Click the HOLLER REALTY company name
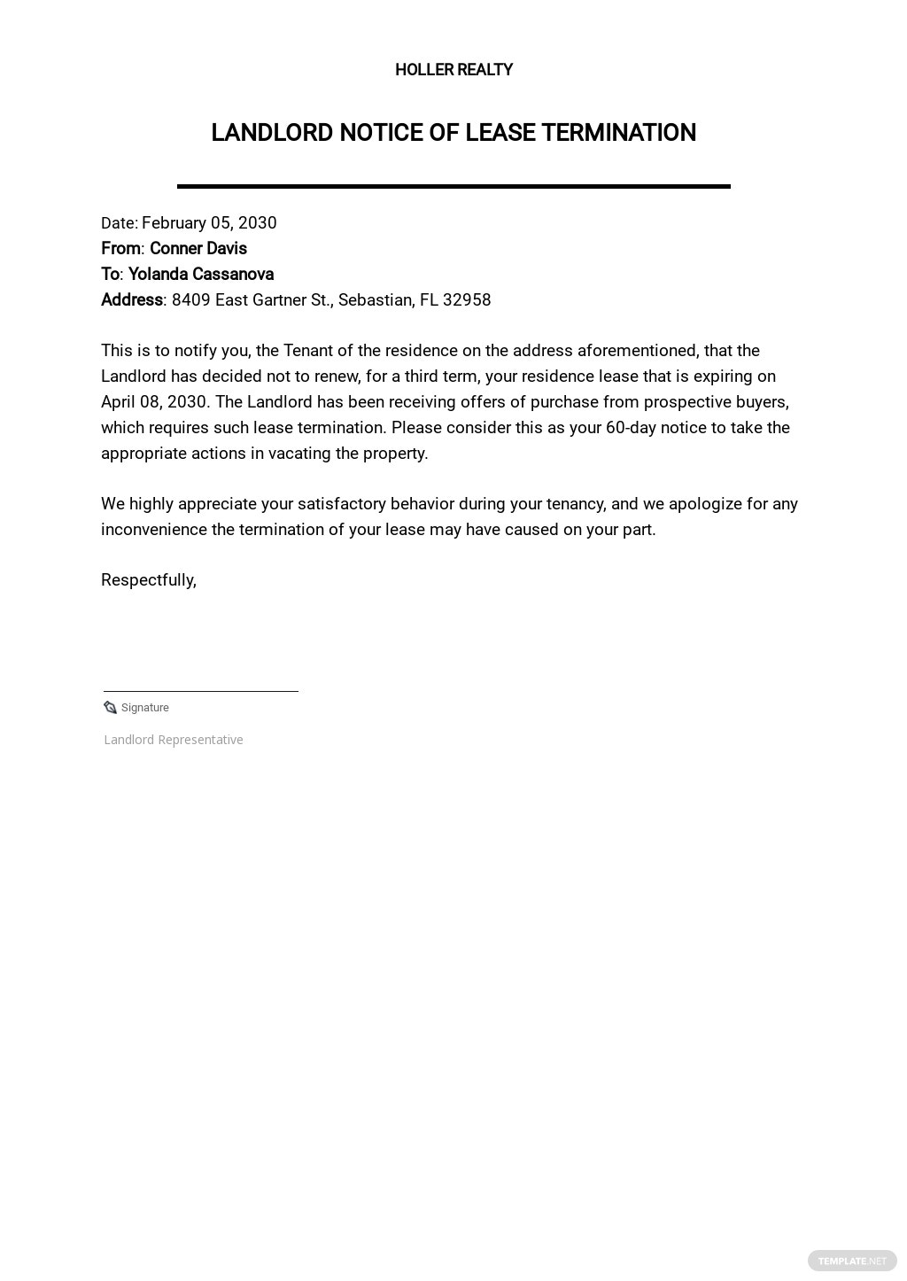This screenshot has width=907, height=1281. pos(453,70)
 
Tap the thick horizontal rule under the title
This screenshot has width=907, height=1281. pos(453,186)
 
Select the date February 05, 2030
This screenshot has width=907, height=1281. pos(209,223)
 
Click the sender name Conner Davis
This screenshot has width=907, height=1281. pos(198,249)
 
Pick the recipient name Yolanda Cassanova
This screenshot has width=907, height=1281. pos(201,275)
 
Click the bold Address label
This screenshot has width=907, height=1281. pos(131,300)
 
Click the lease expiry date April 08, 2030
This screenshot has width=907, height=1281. pos(154,402)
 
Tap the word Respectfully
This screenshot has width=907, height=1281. pos(148,580)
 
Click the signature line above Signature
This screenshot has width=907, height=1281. pos(201,691)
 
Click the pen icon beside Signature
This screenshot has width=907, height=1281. pos(110,707)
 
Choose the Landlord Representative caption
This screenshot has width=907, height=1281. pos(174,740)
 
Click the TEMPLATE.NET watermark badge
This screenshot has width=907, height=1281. pos(851,1261)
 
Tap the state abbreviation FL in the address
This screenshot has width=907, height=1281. pos(429,300)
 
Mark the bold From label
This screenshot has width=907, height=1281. pos(120,249)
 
